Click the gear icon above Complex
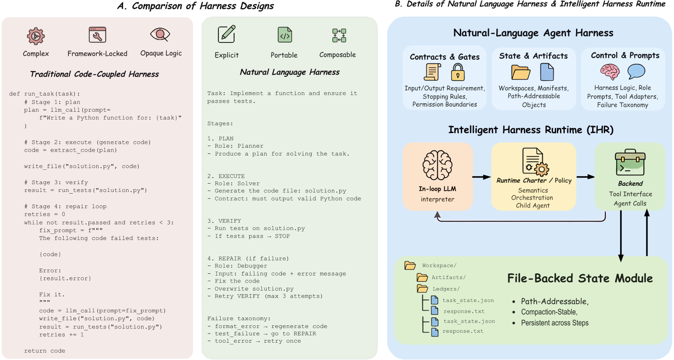[36, 36]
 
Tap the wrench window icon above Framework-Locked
[98, 35]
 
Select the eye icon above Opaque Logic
[160, 34]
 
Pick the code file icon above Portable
[284, 35]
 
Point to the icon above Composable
[339, 36]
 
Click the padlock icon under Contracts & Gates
[458, 72]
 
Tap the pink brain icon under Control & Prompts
[610, 72]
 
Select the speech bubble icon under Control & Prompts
[636, 71]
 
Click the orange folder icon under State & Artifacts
[521, 72]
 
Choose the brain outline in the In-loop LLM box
[437, 165]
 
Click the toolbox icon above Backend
[630, 163]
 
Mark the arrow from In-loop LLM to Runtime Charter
[481, 177]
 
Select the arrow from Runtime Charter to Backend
[585, 177]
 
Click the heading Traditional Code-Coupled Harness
[94, 74]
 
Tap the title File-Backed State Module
[580, 279]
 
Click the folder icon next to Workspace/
[410, 266]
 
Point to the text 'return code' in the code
[45, 351]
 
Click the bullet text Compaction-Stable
[549, 312]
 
